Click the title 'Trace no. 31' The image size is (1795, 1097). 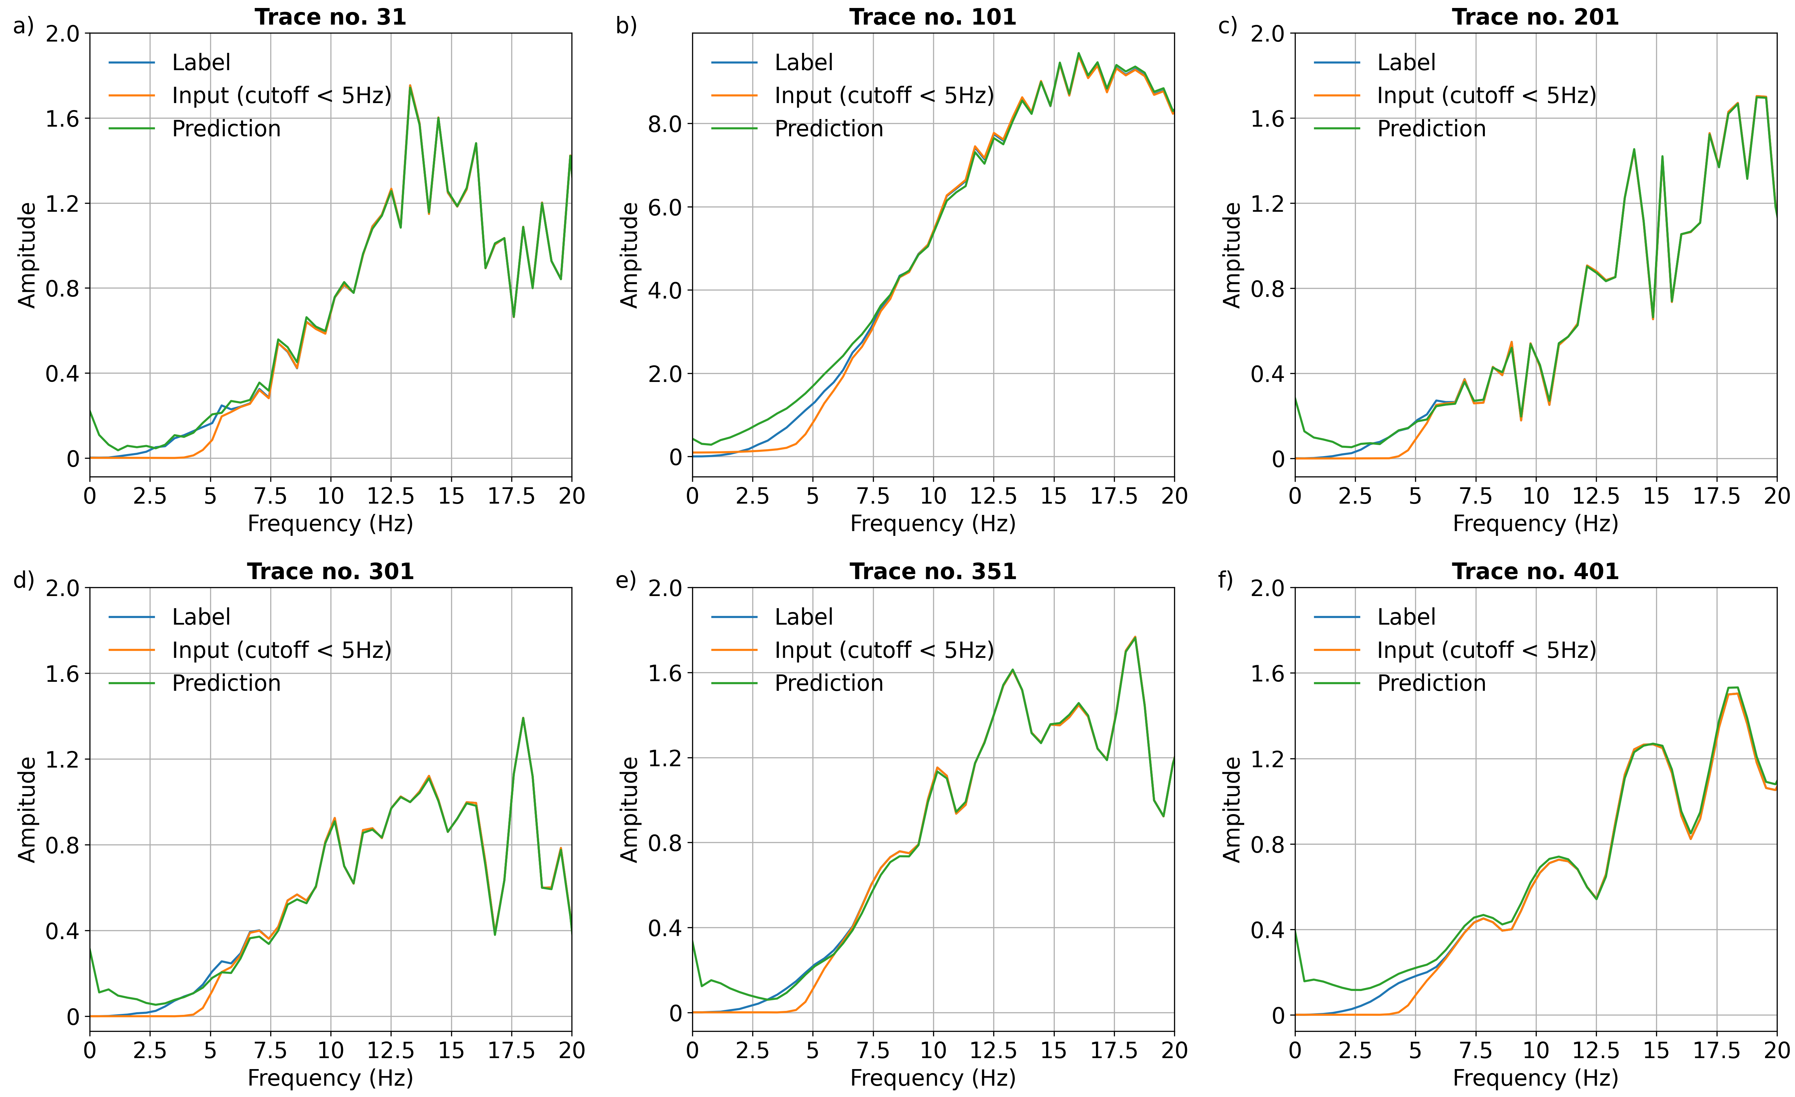point(330,17)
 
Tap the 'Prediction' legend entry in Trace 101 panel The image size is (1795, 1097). point(828,129)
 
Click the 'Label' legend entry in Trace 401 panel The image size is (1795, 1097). point(1406,617)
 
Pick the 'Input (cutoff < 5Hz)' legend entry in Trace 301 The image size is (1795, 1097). point(281,650)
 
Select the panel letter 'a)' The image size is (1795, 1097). point(23,26)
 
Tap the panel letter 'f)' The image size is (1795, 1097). point(1226,580)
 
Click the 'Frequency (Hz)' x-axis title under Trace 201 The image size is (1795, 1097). point(1535,524)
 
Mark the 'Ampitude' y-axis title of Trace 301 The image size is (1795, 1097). point(27,809)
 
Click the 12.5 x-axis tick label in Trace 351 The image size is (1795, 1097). point(993,1050)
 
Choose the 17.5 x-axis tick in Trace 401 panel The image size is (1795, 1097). point(1716,1050)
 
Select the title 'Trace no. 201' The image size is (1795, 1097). point(1535,17)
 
